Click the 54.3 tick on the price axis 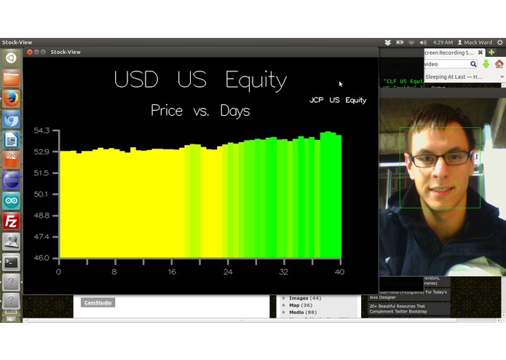tap(41, 130)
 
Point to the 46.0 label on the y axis tap(41, 257)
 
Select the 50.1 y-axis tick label tap(41, 194)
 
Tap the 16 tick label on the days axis tap(172, 272)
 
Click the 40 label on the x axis tap(339, 272)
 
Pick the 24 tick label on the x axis tap(228, 272)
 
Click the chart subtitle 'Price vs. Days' tap(200, 111)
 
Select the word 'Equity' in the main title tap(256, 79)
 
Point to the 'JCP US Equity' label tap(338, 100)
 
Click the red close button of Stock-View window tap(30, 52)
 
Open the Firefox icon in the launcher tap(11, 98)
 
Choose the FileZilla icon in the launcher tap(11, 221)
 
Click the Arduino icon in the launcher tap(11, 200)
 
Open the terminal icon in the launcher tap(11, 262)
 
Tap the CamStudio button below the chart tap(98, 302)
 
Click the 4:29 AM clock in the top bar tap(443, 43)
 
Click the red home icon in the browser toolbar tap(499, 64)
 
